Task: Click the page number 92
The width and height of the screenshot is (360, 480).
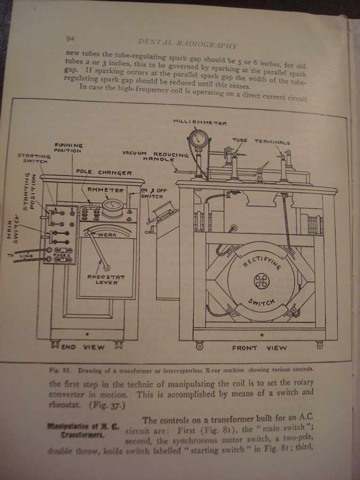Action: click(x=71, y=38)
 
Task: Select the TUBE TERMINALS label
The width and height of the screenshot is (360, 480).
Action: click(x=261, y=141)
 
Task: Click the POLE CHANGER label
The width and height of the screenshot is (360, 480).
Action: click(x=104, y=172)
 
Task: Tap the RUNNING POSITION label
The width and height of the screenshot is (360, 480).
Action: click(x=69, y=148)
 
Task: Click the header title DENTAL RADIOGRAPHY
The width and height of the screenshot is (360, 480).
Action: click(x=187, y=43)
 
